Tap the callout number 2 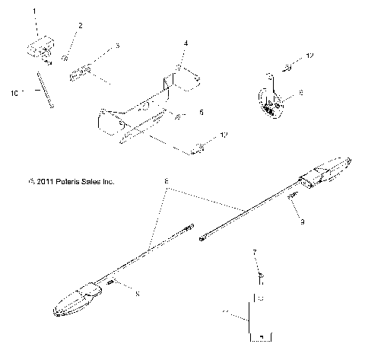coord(80,26)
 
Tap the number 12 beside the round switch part coord(309,56)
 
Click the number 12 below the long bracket coord(223,135)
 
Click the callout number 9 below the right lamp coord(302,223)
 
